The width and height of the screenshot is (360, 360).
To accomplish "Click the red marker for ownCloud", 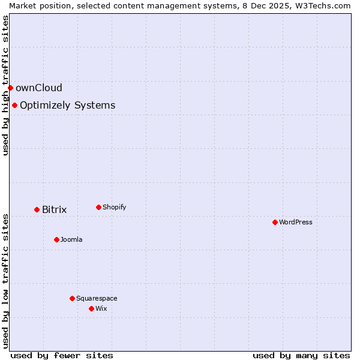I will point(10,88).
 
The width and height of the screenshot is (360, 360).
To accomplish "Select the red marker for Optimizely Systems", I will point(14,106).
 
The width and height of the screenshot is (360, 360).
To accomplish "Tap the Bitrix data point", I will point(37,209).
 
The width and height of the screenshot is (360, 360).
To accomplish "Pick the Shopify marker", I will point(98,207).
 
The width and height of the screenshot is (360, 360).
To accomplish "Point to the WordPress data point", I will point(275,222).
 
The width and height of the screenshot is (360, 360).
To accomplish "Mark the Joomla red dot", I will point(56,239).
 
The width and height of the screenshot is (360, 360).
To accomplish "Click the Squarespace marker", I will point(72,298).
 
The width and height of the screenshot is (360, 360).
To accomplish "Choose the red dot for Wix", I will point(91,308).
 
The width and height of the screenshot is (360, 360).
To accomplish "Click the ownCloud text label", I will point(39,88).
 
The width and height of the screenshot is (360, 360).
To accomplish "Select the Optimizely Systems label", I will point(68,106).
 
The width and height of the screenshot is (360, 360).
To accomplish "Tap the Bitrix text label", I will point(55,209).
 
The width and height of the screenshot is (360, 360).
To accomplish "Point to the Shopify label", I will point(115,207).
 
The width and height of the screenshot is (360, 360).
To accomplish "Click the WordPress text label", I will point(296,222).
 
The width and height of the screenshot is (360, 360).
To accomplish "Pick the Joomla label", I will point(71,239).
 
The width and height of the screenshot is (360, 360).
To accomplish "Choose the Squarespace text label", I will point(97,298).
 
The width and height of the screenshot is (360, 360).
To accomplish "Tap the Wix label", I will point(101,308).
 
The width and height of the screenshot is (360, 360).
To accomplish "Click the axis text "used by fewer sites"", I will point(62,355).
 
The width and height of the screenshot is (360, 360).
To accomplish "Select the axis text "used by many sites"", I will point(301,355).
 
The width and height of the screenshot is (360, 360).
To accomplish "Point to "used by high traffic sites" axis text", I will point(5,85).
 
